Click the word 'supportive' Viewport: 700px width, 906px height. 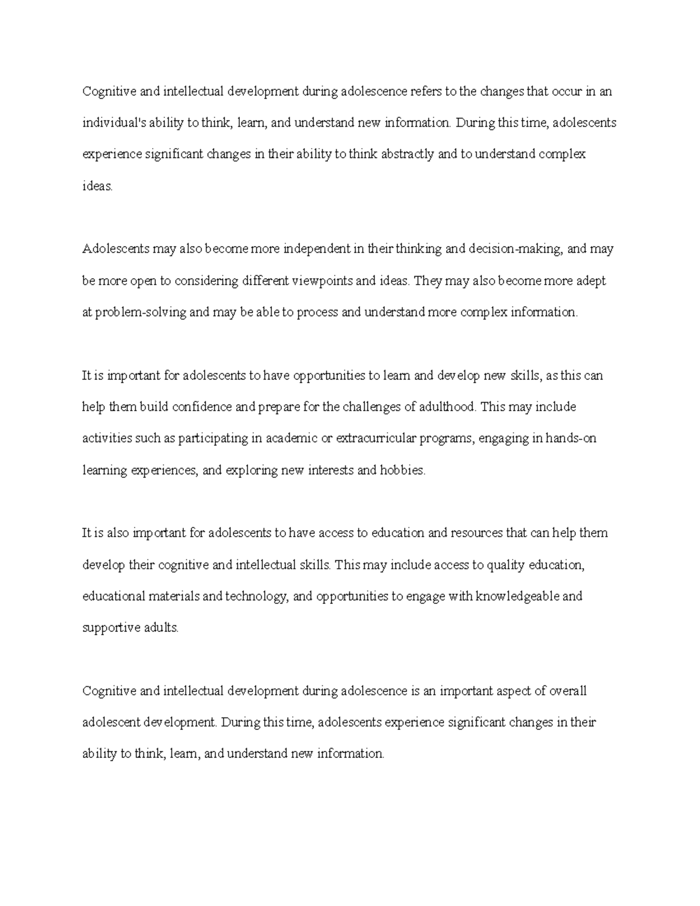tap(110, 628)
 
